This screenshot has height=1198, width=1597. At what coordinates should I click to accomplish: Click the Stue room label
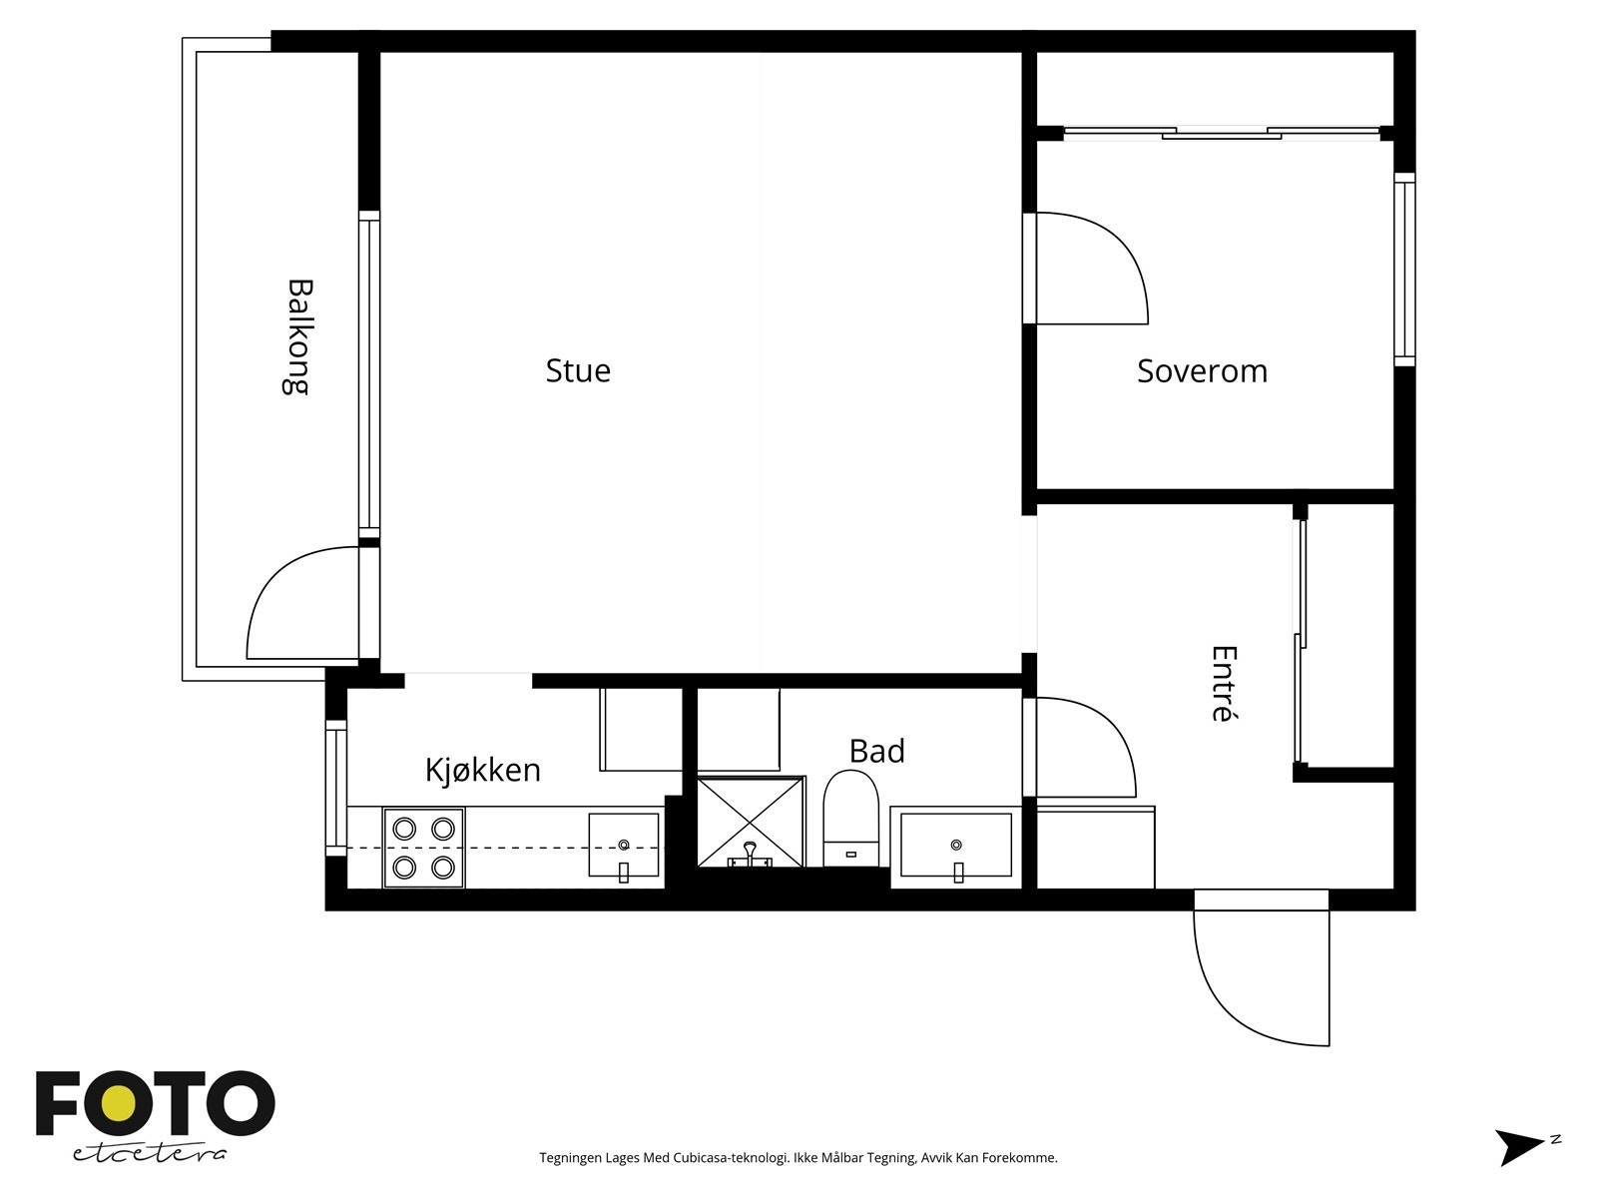pos(578,370)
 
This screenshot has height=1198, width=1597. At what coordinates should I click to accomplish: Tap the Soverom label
pos(1202,371)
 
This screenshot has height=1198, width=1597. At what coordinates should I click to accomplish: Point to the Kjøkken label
pos(483,769)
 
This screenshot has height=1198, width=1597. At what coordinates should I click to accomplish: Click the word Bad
pos(876,751)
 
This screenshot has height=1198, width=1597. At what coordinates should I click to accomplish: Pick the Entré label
pos(1224,684)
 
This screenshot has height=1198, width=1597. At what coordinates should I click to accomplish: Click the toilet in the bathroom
pos(850,819)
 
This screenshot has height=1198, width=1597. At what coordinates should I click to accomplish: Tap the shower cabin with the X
pos(751,822)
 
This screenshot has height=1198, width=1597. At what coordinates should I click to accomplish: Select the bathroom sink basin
pos(956,846)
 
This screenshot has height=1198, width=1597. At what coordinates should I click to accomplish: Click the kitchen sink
pos(624,846)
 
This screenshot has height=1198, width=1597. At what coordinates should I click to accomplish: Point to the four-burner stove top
pos(423,849)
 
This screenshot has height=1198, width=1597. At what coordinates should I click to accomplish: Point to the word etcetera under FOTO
pos(149,1154)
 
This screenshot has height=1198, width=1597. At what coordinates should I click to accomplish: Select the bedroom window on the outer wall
pos(1405,270)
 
